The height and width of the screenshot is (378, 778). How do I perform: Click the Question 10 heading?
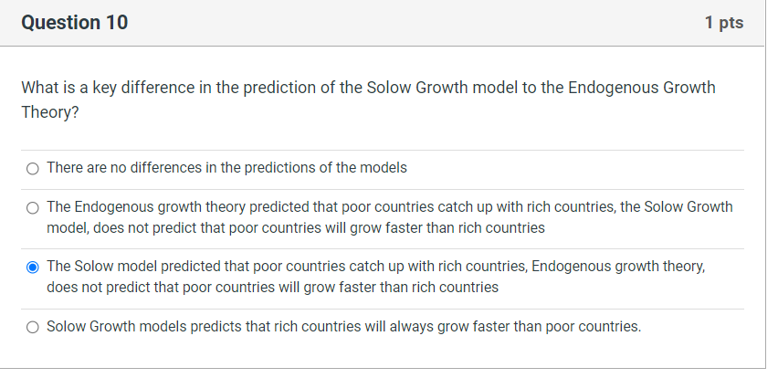pos(74,23)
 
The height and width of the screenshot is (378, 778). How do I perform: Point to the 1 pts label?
pos(724,23)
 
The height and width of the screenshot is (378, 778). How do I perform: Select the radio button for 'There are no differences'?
pos(33,168)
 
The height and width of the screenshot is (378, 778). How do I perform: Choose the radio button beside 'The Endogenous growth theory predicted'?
pos(33,207)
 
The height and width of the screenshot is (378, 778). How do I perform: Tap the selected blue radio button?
pos(33,268)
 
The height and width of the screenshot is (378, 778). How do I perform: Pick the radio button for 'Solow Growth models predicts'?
pos(33,327)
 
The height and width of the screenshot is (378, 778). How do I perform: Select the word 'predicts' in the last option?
pos(217,326)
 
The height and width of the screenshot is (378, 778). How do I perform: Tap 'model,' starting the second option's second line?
pos(68,227)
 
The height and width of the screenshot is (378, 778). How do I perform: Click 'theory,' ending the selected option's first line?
pos(684,267)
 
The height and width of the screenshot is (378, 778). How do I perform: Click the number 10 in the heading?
pos(117,23)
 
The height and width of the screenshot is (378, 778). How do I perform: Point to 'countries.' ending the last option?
pos(609,326)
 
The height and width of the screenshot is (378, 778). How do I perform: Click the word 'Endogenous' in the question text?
pos(611,88)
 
